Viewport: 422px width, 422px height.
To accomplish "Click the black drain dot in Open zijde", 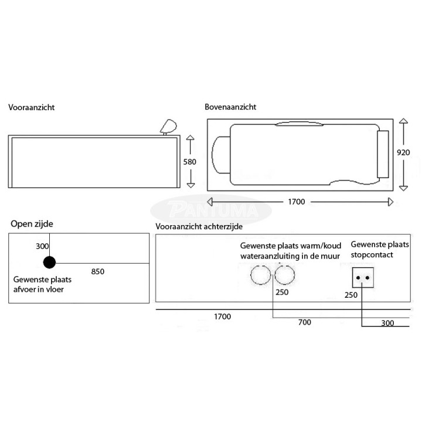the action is [49, 263].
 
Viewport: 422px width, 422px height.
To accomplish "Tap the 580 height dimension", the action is [190, 162].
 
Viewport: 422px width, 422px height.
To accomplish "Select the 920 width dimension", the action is [403, 152].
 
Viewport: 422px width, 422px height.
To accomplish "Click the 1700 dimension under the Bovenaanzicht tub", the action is [297, 202].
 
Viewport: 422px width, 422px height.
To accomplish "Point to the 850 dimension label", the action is [98, 271].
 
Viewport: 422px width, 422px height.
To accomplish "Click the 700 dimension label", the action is [305, 322].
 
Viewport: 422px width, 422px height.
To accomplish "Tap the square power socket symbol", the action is [363, 277].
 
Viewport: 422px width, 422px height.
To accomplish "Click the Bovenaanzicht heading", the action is [230, 107].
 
